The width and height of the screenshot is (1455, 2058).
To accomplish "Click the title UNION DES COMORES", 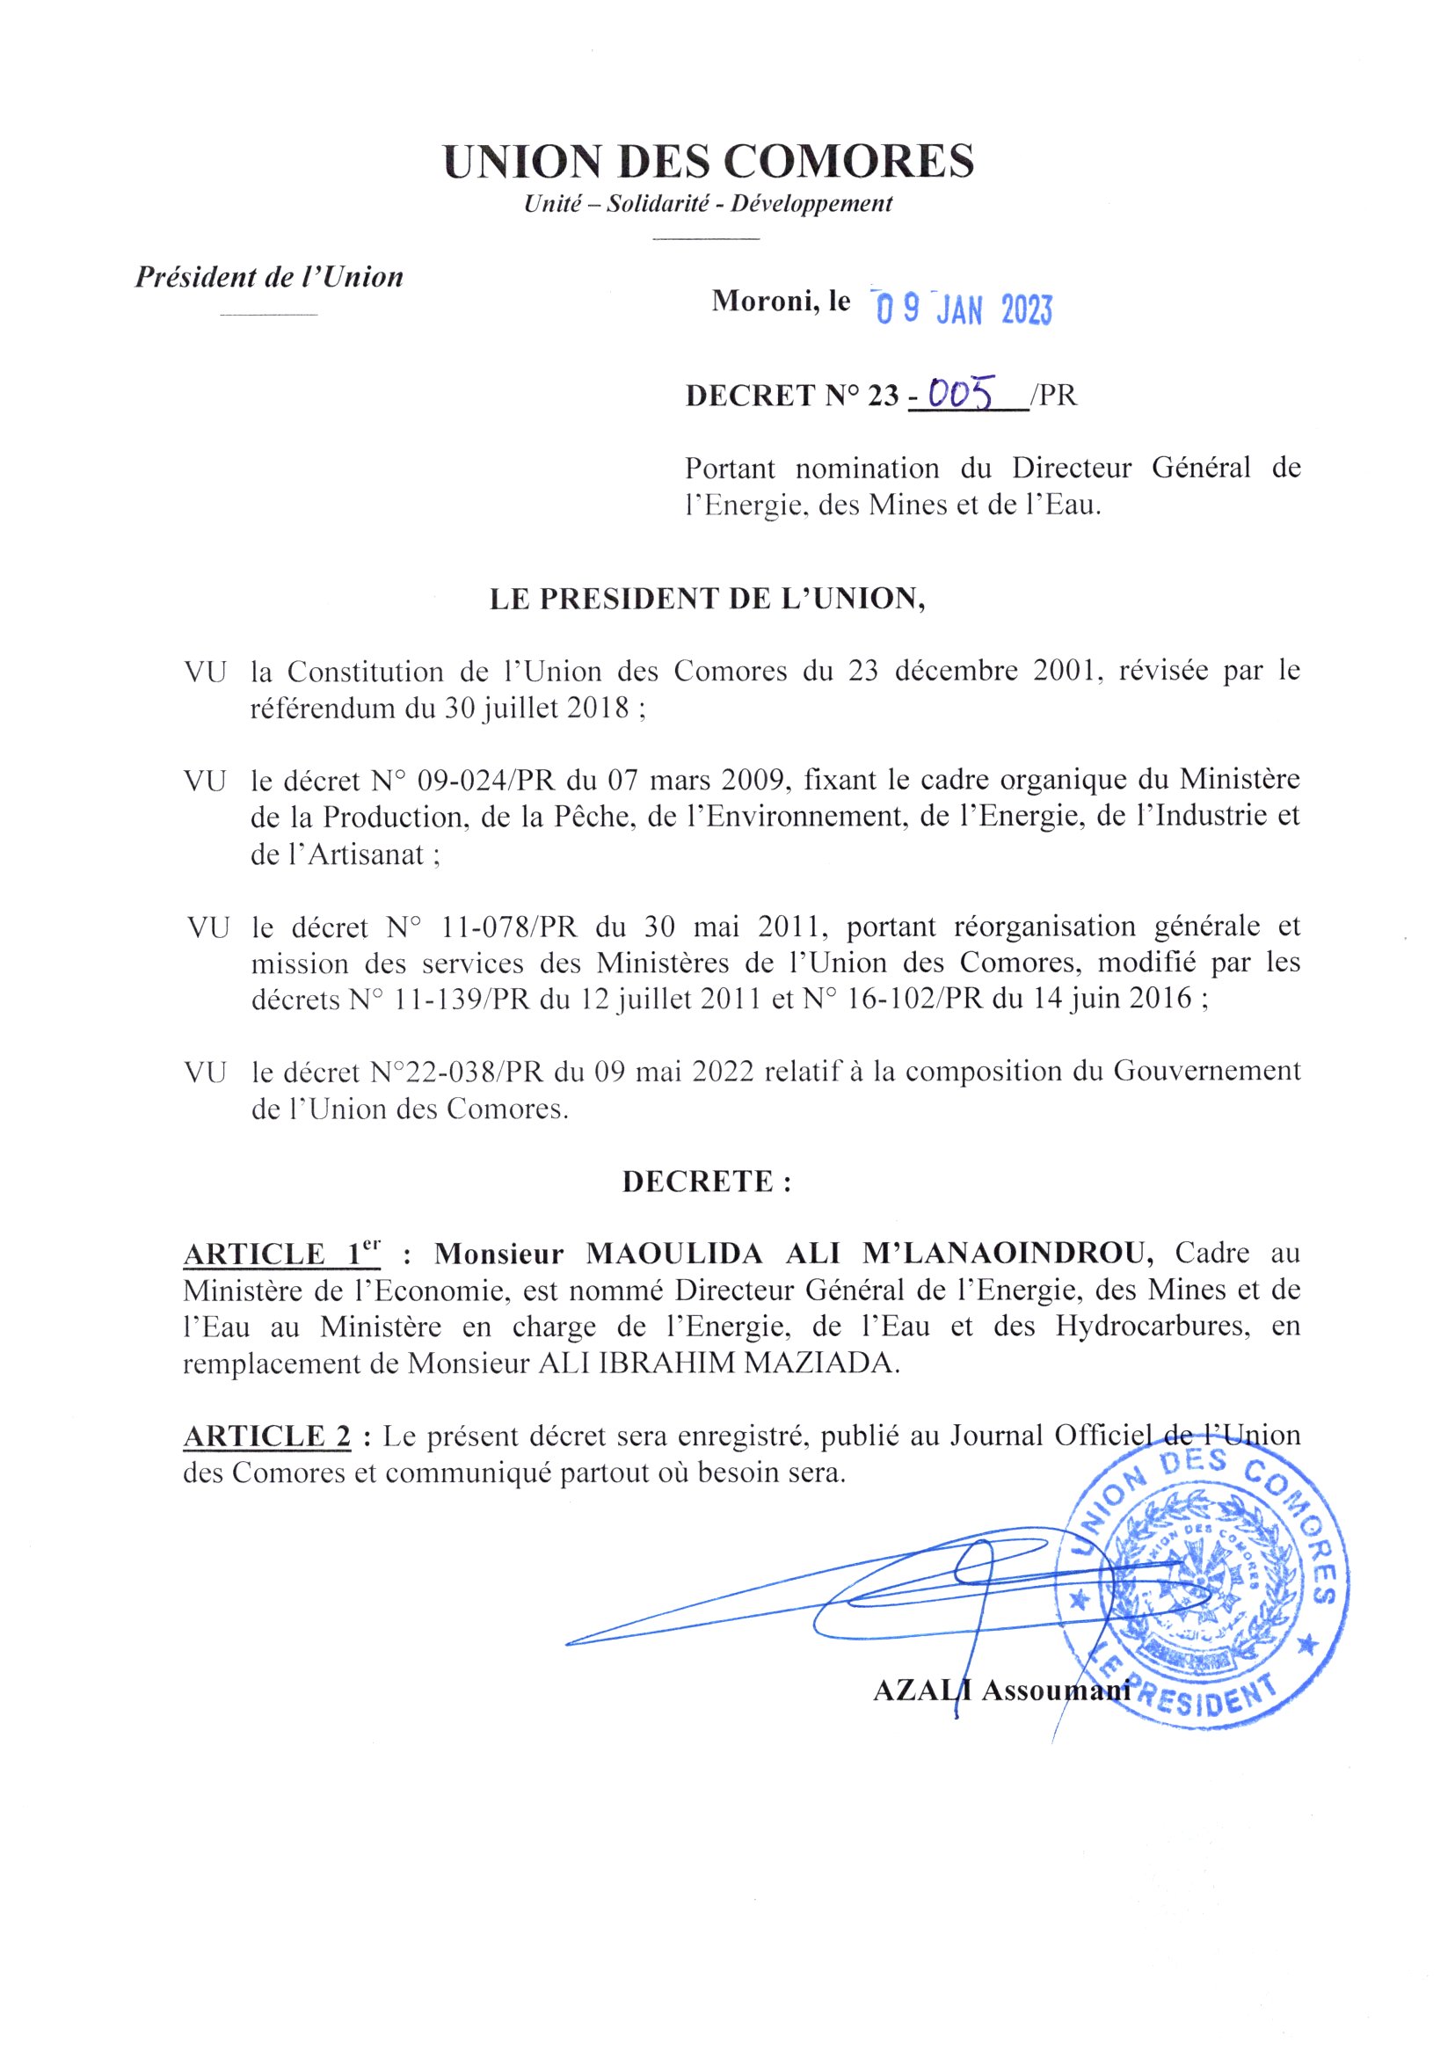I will click(x=709, y=163).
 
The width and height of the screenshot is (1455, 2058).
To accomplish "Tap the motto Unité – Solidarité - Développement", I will click(x=709, y=204).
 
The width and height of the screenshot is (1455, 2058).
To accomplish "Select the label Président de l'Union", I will click(x=269, y=277).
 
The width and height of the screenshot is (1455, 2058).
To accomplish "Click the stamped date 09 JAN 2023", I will click(x=964, y=310).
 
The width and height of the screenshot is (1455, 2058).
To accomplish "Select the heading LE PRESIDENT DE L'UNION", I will click(x=708, y=599).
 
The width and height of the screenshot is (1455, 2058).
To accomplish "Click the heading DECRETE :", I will click(x=708, y=1182).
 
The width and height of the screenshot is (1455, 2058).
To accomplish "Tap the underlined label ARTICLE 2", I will click(x=267, y=1436).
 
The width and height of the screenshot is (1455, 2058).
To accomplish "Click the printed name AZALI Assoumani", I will click(x=1000, y=1691).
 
